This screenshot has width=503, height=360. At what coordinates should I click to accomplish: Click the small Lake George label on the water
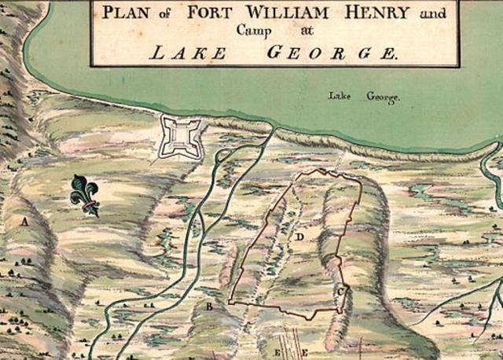[365, 97]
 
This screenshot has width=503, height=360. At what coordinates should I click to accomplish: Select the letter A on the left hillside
[25, 222]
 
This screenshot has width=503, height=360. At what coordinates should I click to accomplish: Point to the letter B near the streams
[209, 306]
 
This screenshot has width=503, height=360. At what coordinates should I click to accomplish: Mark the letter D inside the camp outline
[300, 235]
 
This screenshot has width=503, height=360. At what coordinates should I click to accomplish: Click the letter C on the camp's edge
[340, 292]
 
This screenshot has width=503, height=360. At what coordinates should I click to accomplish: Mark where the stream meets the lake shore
[274, 128]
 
